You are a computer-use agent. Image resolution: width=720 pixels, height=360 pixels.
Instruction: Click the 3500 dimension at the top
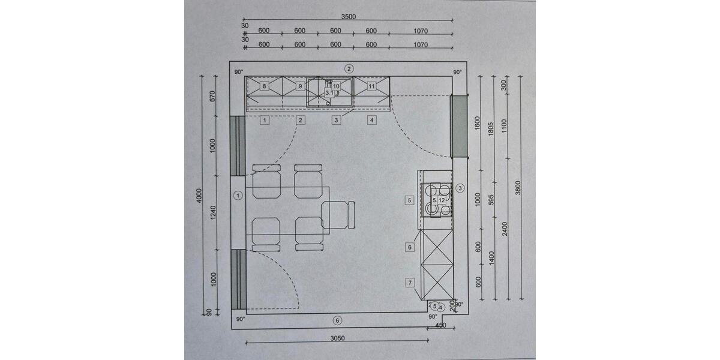(349, 17)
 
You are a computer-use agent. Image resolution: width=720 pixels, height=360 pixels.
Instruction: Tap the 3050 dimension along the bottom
(337, 338)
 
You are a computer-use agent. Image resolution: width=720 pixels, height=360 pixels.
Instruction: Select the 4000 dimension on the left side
(199, 196)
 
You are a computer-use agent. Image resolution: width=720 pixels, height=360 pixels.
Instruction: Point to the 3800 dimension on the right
(517, 188)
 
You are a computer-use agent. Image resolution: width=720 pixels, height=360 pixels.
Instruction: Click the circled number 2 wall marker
(349, 68)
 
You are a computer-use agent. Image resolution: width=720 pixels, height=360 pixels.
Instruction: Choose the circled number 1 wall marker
(238, 196)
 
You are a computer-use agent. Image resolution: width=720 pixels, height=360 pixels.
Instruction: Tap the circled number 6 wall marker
(337, 320)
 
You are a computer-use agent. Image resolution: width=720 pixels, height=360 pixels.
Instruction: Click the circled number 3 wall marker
(460, 188)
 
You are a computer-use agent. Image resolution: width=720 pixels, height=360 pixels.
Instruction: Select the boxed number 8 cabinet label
(264, 86)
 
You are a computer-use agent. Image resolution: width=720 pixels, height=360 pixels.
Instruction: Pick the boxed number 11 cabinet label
(371, 86)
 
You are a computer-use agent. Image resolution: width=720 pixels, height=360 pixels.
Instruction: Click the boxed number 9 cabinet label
(300, 86)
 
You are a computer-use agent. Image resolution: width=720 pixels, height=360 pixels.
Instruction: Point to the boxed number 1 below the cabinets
(265, 120)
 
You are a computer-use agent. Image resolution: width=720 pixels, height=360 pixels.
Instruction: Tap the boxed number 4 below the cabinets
(372, 120)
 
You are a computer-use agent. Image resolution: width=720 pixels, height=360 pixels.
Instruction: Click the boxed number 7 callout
(410, 283)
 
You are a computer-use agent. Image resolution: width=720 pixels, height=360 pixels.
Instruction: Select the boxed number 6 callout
(409, 247)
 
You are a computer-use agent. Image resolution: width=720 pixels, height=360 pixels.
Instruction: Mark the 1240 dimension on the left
(213, 213)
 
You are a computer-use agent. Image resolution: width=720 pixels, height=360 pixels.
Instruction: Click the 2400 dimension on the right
(505, 229)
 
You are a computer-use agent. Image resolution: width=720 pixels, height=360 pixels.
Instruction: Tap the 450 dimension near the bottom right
(440, 325)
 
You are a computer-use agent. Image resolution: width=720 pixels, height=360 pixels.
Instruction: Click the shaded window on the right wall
(460, 127)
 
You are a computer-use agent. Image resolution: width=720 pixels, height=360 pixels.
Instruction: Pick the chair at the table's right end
(338, 215)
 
